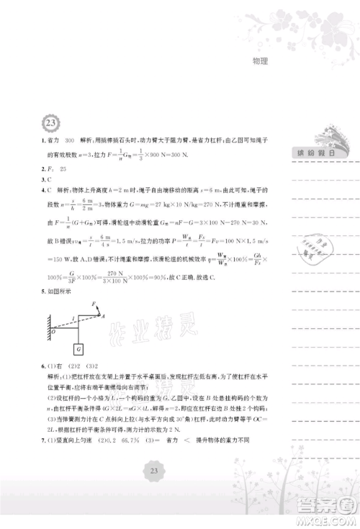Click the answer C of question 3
pos(50,179)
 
